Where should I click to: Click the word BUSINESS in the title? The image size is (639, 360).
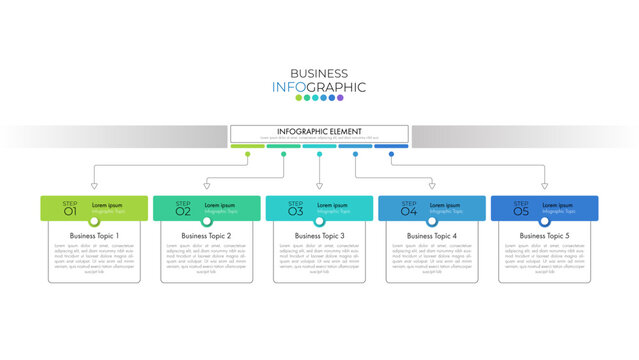[319, 73]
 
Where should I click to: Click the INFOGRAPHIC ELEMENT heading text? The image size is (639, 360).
[319, 131]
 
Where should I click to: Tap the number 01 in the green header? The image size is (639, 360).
[70, 211]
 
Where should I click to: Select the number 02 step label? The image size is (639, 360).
[183, 211]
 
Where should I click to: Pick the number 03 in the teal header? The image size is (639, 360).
[296, 211]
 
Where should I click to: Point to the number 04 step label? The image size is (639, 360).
[409, 211]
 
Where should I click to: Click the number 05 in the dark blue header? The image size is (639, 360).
[521, 211]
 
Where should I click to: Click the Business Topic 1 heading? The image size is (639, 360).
[94, 236]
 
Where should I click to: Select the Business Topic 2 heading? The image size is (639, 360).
[207, 236]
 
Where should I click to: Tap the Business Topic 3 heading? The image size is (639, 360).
[320, 236]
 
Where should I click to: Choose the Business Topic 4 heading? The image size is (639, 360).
[432, 236]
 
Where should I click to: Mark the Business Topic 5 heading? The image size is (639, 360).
[545, 236]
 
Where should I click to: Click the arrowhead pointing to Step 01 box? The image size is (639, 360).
[94, 185]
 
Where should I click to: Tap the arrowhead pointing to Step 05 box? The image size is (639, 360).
[545, 185]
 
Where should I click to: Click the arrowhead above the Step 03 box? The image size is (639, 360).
[320, 185]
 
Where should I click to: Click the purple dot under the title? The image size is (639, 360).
[340, 98]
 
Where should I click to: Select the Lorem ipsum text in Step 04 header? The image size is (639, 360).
[445, 205]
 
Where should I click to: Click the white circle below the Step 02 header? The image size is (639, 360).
[207, 221]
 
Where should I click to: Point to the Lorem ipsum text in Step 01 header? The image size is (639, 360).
[107, 205]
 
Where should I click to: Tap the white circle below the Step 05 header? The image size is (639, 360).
[545, 221]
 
